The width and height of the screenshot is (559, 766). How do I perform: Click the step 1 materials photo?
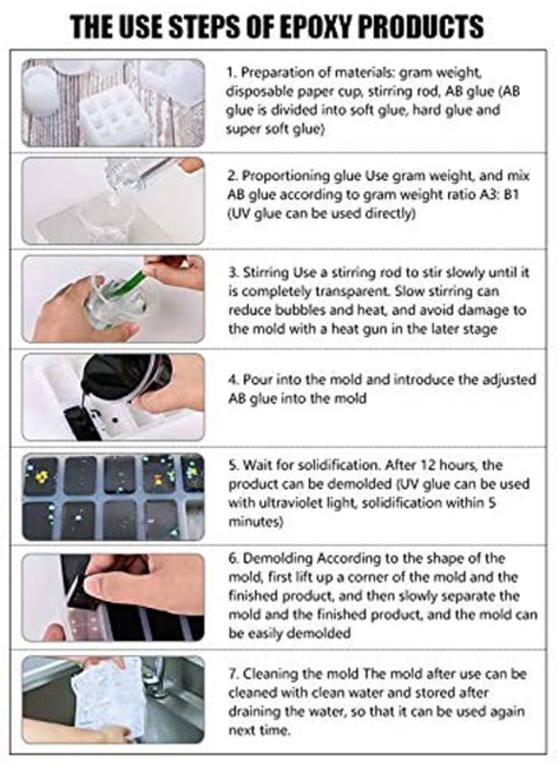coord(113,102)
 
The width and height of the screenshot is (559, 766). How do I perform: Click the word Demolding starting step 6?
coord(278,558)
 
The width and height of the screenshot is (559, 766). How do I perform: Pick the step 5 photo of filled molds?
coord(113,497)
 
